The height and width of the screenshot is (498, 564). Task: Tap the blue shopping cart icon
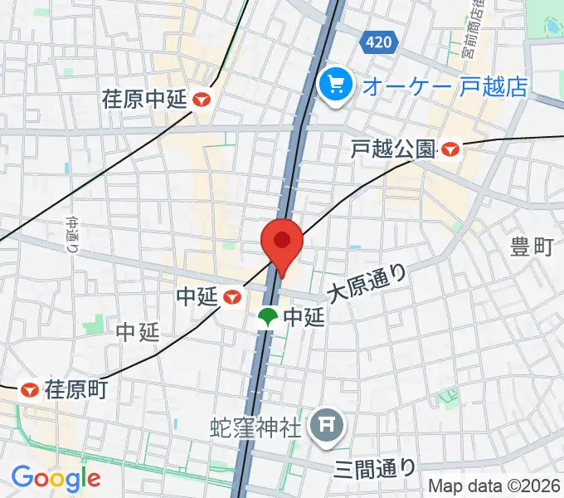(336, 84)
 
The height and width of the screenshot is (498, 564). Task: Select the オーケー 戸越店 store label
(446, 85)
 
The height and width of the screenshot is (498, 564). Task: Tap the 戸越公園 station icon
(451, 149)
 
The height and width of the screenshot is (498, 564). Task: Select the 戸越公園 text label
(393, 149)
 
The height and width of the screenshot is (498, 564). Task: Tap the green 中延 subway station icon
(268, 316)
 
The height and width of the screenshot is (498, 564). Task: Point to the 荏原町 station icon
(31, 388)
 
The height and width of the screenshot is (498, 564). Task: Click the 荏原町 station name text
(76, 388)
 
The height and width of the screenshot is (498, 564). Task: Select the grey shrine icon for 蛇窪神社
(323, 427)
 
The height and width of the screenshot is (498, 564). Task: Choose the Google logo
(56, 478)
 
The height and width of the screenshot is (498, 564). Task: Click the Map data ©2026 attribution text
(494, 486)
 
